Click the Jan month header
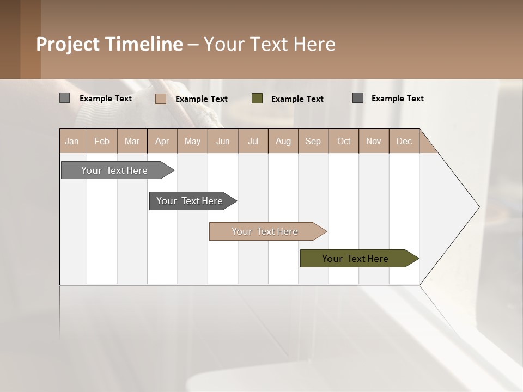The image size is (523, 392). (72, 141)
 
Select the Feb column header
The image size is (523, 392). (102, 141)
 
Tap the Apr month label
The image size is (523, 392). (162, 141)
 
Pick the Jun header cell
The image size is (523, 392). (223, 141)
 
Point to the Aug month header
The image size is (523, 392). (283, 141)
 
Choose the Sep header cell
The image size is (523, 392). (313, 141)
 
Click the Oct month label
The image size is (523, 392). (344, 141)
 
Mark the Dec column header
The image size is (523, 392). (404, 141)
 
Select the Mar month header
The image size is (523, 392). (132, 141)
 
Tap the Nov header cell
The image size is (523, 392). (374, 141)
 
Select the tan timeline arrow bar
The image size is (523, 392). (265, 231)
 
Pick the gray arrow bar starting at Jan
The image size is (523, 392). (114, 170)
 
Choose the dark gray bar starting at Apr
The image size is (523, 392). (190, 201)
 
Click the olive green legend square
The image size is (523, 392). (257, 99)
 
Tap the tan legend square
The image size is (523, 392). (161, 99)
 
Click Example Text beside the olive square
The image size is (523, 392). (297, 99)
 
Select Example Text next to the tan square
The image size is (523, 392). (202, 99)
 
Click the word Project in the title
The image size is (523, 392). (68, 44)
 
